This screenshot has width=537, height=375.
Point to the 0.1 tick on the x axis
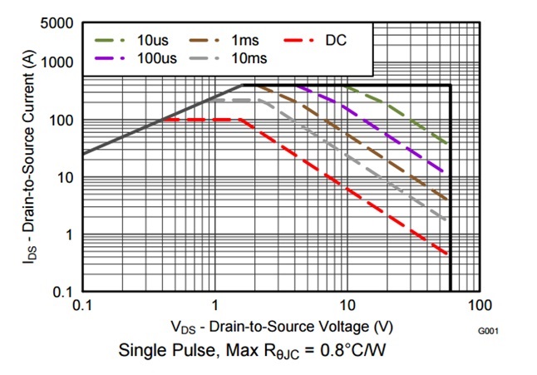pyautogui.click(x=81, y=305)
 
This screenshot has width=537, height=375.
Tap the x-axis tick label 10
pyautogui.click(x=347, y=305)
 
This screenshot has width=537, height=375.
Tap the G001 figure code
pyautogui.click(x=488, y=332)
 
